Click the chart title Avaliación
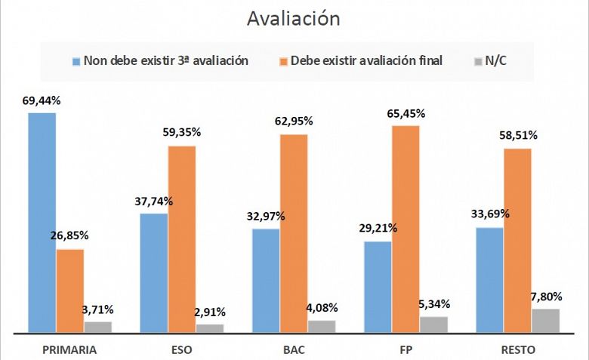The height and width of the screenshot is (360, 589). (294, 18)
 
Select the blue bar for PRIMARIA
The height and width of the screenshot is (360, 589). (42, 222)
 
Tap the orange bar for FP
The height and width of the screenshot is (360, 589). (406, 229)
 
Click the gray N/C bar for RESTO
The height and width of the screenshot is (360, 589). (546, 320)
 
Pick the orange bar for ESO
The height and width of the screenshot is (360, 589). (182, 238)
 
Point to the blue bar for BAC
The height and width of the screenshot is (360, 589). (266, 280)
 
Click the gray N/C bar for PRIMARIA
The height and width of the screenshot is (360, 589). (98, 327)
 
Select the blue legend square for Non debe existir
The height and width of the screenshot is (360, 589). (76, 60)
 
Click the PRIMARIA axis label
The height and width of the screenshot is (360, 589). (70, 349)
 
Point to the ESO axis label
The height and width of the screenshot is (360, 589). (182, 349)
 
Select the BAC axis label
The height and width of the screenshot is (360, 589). (294, 349)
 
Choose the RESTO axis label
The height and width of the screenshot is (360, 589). (518, 349)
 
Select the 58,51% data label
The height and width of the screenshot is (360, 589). (518, 137)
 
